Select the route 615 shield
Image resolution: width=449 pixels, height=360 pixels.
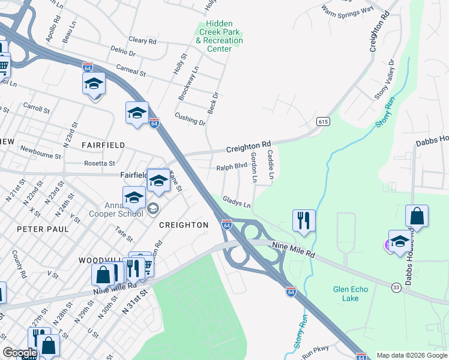(324, 122)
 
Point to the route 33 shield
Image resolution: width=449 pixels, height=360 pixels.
(396, 287)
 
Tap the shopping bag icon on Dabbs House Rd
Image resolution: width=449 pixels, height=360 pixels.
(417, 216)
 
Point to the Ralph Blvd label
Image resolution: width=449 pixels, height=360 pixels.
(232, 166)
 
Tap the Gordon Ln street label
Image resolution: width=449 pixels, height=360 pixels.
(254, 167)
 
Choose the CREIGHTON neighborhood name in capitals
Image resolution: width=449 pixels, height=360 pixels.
(184, 225)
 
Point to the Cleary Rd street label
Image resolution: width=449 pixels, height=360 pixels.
(142, 41)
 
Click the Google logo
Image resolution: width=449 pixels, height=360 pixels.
(20, 353)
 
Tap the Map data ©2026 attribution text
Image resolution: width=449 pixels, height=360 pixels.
(411, 355)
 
